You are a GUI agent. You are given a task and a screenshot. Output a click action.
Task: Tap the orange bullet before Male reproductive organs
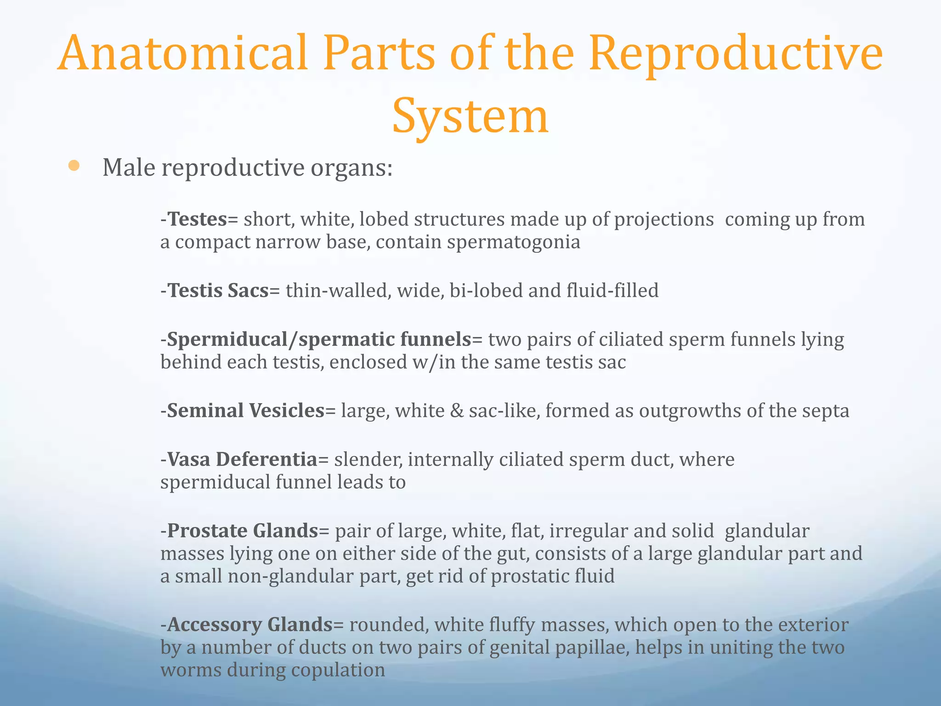pyautogui.click(x=74, y=166)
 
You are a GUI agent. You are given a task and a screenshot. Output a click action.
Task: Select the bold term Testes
pyautogui.click(x=197, y=219)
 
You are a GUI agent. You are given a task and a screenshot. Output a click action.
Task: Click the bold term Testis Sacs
pyautogui.click(x=218, y=290)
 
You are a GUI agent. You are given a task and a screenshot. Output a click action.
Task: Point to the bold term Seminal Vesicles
pyautogui.click(x=246, y=410)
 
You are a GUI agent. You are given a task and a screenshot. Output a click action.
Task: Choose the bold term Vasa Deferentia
pyautogui.click(x=242, y=459)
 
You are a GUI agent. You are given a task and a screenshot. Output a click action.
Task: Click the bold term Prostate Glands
pyautogui.click(x=243, y=531)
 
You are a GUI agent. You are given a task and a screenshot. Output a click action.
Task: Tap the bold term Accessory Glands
pyautogui.click(x=249, y=625)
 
